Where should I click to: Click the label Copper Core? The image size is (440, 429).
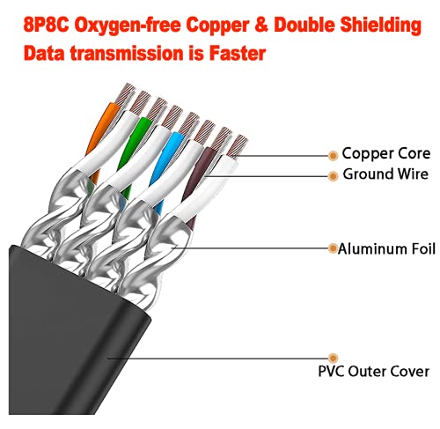386,153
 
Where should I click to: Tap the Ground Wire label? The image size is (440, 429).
385,174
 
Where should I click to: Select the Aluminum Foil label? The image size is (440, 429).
386,248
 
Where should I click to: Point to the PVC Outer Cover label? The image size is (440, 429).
374,371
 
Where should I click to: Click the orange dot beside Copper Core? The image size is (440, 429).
333,156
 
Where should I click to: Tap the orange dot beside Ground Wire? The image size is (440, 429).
333,176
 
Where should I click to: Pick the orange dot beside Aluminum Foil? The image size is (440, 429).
333,248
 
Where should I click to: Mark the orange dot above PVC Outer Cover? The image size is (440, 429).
333,358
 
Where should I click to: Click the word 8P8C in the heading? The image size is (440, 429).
46,25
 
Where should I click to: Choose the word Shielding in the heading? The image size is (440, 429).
381,26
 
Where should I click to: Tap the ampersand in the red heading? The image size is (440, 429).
262,25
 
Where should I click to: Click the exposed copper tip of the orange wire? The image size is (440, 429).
125,93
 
